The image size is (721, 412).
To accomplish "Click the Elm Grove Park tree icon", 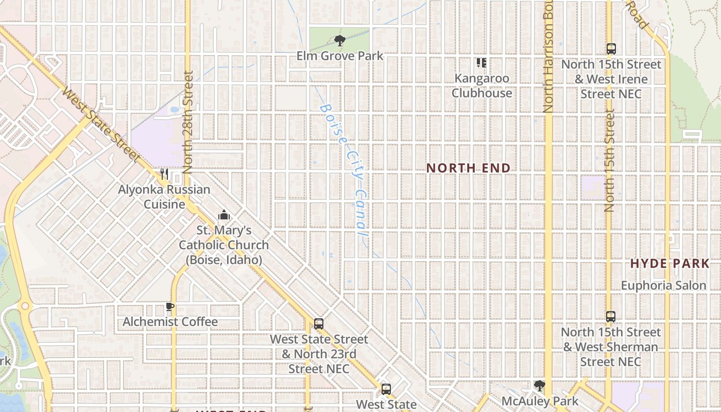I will (x=339, y=40).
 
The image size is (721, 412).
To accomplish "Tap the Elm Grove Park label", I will (x=340, y=56).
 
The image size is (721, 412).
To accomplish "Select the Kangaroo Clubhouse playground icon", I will (x=482, y=63).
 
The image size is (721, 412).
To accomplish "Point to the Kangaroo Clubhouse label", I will (x=482, y=85).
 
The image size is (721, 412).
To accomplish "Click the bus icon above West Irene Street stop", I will (x=611, y=49).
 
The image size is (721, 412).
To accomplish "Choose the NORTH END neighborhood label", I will (x=468, y=168).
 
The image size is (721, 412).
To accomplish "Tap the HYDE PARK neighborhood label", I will (x=669, y=264).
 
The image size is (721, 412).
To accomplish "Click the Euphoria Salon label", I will (x=663, y=285).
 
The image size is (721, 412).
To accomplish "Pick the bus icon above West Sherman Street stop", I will (x=611, y=317).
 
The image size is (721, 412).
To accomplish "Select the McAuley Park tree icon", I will (x=539, y=386).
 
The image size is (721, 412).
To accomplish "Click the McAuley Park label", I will (x=540, y=401).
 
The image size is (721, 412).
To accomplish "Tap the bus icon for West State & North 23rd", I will (x=319, y=324).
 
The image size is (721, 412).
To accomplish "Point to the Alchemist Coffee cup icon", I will (x=170, y=307).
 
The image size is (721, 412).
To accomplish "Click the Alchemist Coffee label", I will (x=170, y=322).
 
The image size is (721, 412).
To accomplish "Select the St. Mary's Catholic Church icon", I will (x=224, y=215).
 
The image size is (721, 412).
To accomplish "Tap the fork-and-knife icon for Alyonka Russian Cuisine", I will (x=164, y=174).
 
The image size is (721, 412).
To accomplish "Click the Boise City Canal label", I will (x=344, y=170).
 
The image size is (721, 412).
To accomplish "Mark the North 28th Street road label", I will (x=187, y=123).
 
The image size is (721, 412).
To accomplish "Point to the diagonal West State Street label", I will (x=101, y=125).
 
